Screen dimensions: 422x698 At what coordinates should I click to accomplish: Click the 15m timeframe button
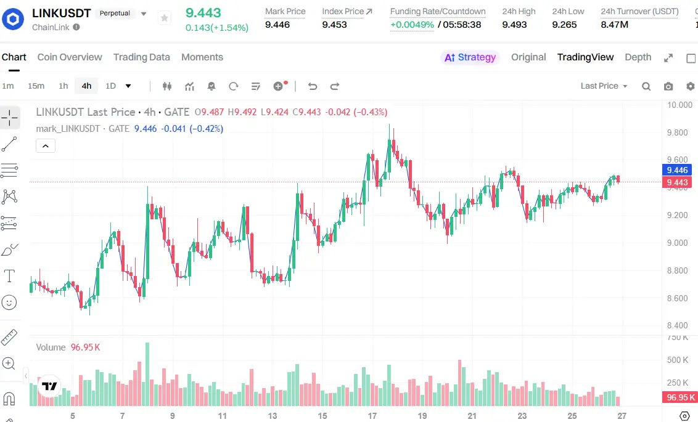click(36, 86)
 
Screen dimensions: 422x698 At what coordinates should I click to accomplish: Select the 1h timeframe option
click(64, 86)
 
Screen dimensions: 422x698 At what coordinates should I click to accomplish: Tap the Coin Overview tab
click(70, 57)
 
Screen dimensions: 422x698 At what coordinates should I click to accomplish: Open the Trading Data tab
click(141, 57)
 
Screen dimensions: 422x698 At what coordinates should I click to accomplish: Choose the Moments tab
click(202, 57)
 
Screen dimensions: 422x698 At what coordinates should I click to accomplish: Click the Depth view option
click(638, 57)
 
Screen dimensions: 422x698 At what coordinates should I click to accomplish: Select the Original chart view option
click(528, 57)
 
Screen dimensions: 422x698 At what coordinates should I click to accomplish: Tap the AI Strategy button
click(470, 57)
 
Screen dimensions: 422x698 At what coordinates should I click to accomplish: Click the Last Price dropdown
click(604, 86)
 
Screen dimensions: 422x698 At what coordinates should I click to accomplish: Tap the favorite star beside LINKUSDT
click(164, 18)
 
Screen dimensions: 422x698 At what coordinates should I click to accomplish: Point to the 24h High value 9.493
click(514, 25)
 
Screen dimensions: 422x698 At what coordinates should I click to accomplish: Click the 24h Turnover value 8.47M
click(614, 25)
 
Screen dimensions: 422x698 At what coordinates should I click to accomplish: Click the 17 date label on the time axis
click(372, 416)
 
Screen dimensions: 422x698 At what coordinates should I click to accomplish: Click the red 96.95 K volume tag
click(680, 397)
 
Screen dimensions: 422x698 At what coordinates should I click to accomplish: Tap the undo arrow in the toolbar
click(313, 86)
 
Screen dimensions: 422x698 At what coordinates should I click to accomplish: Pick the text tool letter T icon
click(9, 275)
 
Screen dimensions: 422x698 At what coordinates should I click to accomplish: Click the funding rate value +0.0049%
click(412, 25)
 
